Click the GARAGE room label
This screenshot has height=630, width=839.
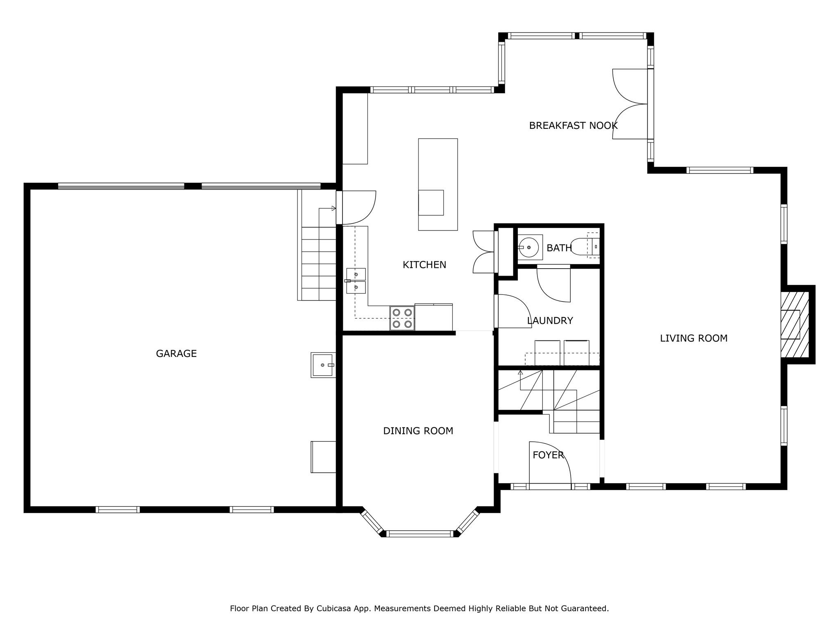click(x=176, y=354)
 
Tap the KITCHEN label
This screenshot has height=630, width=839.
click(x=424, y=265)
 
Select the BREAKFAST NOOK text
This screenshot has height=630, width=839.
click(x=573, y=126)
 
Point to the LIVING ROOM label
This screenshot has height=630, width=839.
click(x=694, y=338)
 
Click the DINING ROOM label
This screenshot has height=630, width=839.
click(x=418, y=431)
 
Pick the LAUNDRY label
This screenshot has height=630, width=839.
click(x=550, y=321)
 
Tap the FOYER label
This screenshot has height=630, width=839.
click(x=548, y=455)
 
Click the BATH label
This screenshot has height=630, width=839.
click(x=559, y=248)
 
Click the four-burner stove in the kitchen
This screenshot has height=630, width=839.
click(x=402, y=318)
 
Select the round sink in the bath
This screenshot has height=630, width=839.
click(x=529, y=247)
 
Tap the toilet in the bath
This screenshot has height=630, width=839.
click(x=584, y=247)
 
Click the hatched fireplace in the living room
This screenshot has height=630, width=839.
click(x=795, y=324)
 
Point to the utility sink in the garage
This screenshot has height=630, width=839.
click(x=323, y=365)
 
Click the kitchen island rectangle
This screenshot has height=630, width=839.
click(x=438, y=185)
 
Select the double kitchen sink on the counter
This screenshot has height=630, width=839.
click(x=356, y=281)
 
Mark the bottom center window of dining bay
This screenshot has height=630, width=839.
click(x=420, y=534)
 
